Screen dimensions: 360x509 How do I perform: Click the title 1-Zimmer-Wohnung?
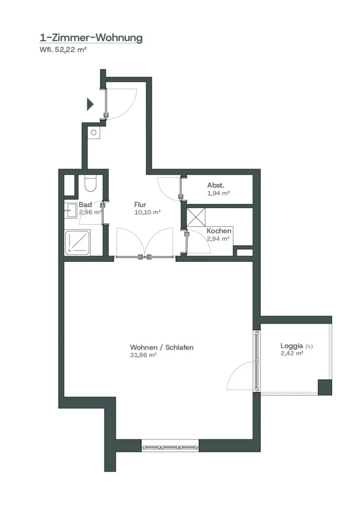tap(91, 38)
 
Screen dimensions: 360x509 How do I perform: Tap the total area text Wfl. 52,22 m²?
tap(63, 50)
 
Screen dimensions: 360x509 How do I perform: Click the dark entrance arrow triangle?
tap(90, 104)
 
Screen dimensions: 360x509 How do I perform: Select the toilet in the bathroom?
tap(90, 184)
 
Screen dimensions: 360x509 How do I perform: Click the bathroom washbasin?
tap(70, 210)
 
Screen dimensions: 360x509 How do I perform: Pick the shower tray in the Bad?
tap(78, 243)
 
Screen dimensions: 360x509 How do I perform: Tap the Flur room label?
tap(140, 204)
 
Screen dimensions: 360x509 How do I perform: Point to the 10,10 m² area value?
tap(147, 212)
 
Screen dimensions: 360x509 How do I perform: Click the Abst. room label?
tap(216, 185)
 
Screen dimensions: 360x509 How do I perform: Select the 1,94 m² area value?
tap(218, 193)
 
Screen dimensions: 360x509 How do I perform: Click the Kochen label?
tap(219, 231)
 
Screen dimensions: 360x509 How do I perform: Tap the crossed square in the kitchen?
tap(196, 217)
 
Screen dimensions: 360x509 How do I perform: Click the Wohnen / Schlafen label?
tap(162, 347)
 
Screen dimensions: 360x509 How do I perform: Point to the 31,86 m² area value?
tap(143, 355)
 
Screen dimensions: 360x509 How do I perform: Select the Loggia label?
tap(292, 346)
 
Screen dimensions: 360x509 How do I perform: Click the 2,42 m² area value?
tap(292, 353)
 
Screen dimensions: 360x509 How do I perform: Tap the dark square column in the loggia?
tap(325, 387)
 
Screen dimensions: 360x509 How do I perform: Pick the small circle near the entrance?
tap(93, 132)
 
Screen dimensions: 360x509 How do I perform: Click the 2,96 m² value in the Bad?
tap(90, 212)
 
